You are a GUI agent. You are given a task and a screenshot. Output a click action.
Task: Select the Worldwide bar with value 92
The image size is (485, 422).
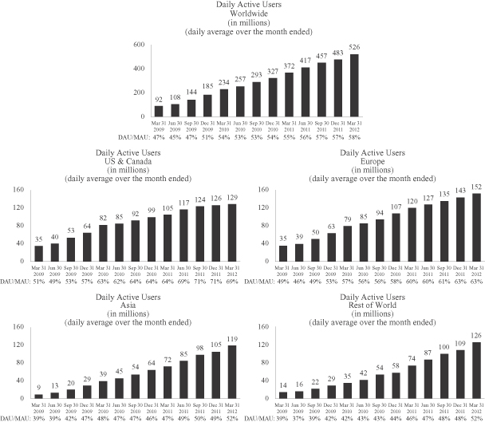[x=160, y=110]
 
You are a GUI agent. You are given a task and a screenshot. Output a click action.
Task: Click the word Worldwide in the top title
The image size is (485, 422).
[x=242, y=14]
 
